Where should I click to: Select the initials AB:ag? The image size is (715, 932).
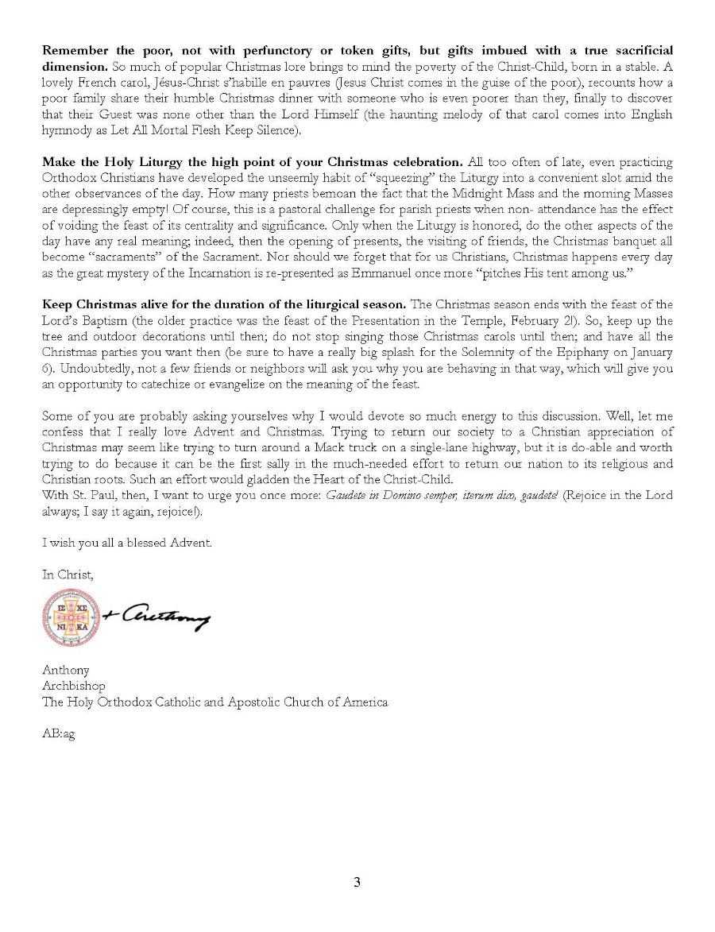coord(59,734)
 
